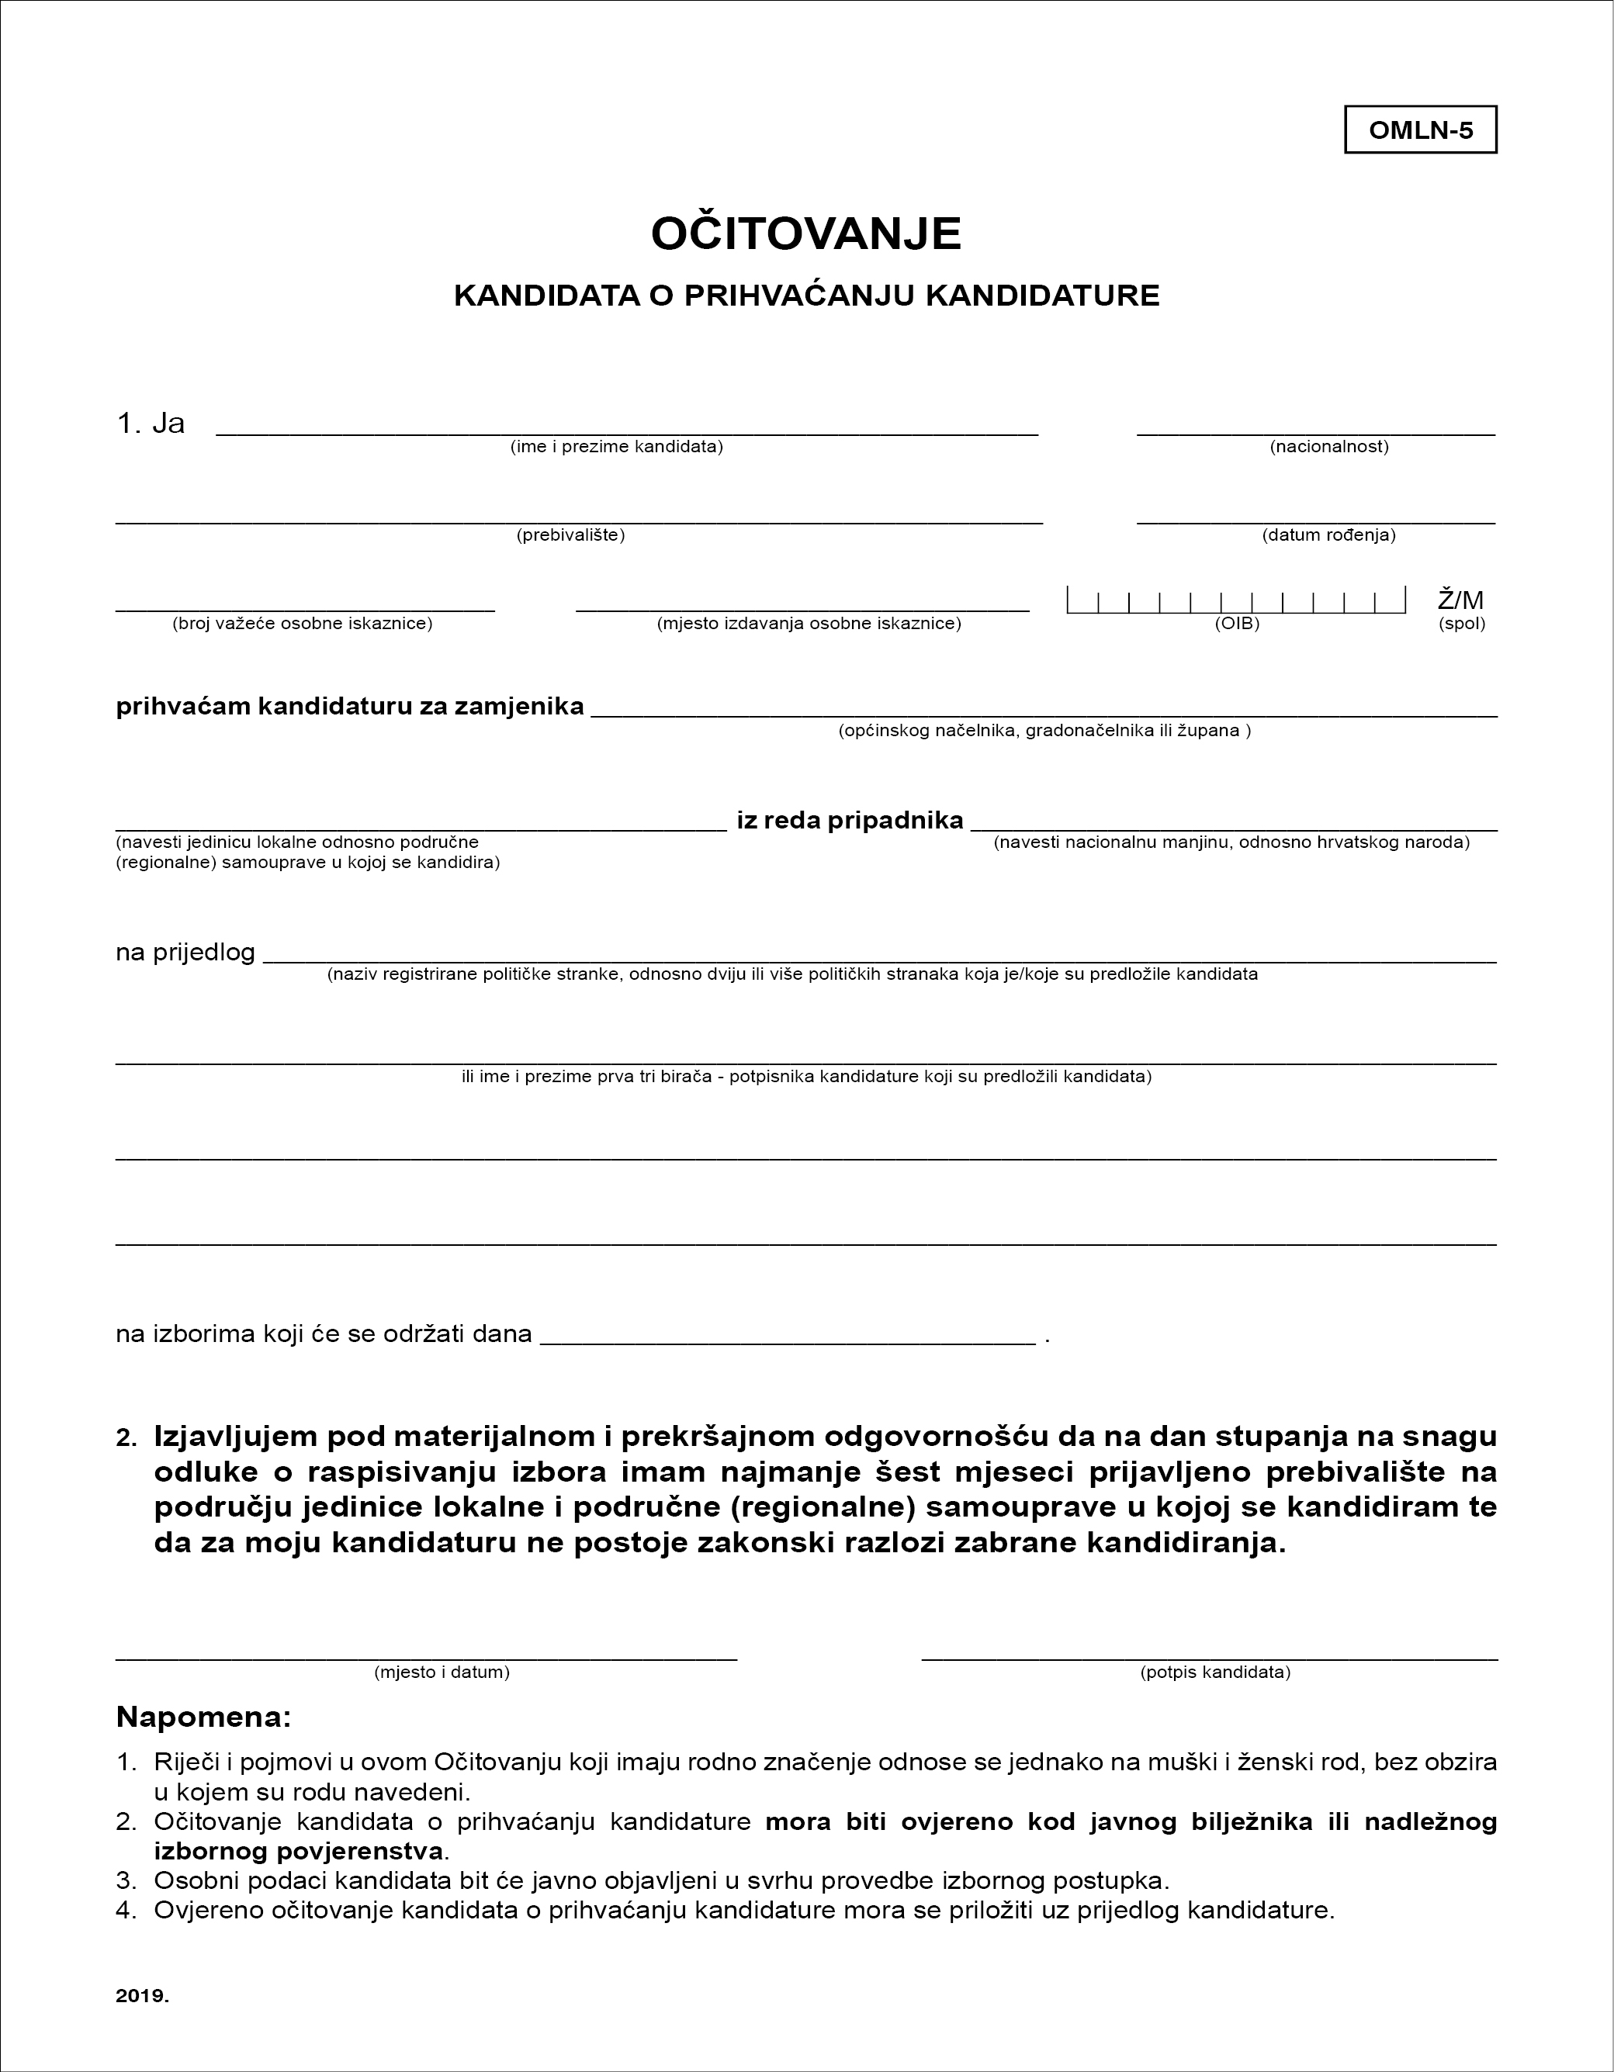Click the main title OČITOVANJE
coord(805,233)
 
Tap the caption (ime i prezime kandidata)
coord(616,447)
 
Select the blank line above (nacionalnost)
coord(1315,433)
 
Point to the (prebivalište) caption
coord(570,535)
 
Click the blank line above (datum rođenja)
coord(1315,521)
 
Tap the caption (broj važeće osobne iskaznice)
coord(302,624)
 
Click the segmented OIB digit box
coord(1235,600)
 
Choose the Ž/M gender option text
coord(1460,600)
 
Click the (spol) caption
coord(1461,624)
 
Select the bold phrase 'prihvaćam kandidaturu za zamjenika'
coord(349,707)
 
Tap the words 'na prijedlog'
coord(185,952)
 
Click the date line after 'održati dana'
coord(788,1341)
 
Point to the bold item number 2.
coord(126,1438)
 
